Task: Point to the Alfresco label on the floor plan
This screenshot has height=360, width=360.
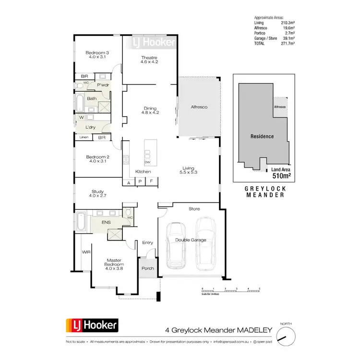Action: (199, 107)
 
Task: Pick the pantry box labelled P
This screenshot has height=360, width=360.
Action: (140, 182)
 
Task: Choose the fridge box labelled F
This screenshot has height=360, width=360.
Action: (152, 182)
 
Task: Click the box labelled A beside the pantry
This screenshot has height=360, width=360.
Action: (129, 182)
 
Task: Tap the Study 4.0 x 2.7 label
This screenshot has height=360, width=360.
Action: (97, 193)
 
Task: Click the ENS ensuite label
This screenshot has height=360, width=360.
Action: (106, 223)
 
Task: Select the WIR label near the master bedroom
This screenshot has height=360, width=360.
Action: (86, 252)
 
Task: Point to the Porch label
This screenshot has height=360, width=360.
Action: (148, 268)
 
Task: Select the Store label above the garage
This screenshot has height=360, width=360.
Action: (194, 209)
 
